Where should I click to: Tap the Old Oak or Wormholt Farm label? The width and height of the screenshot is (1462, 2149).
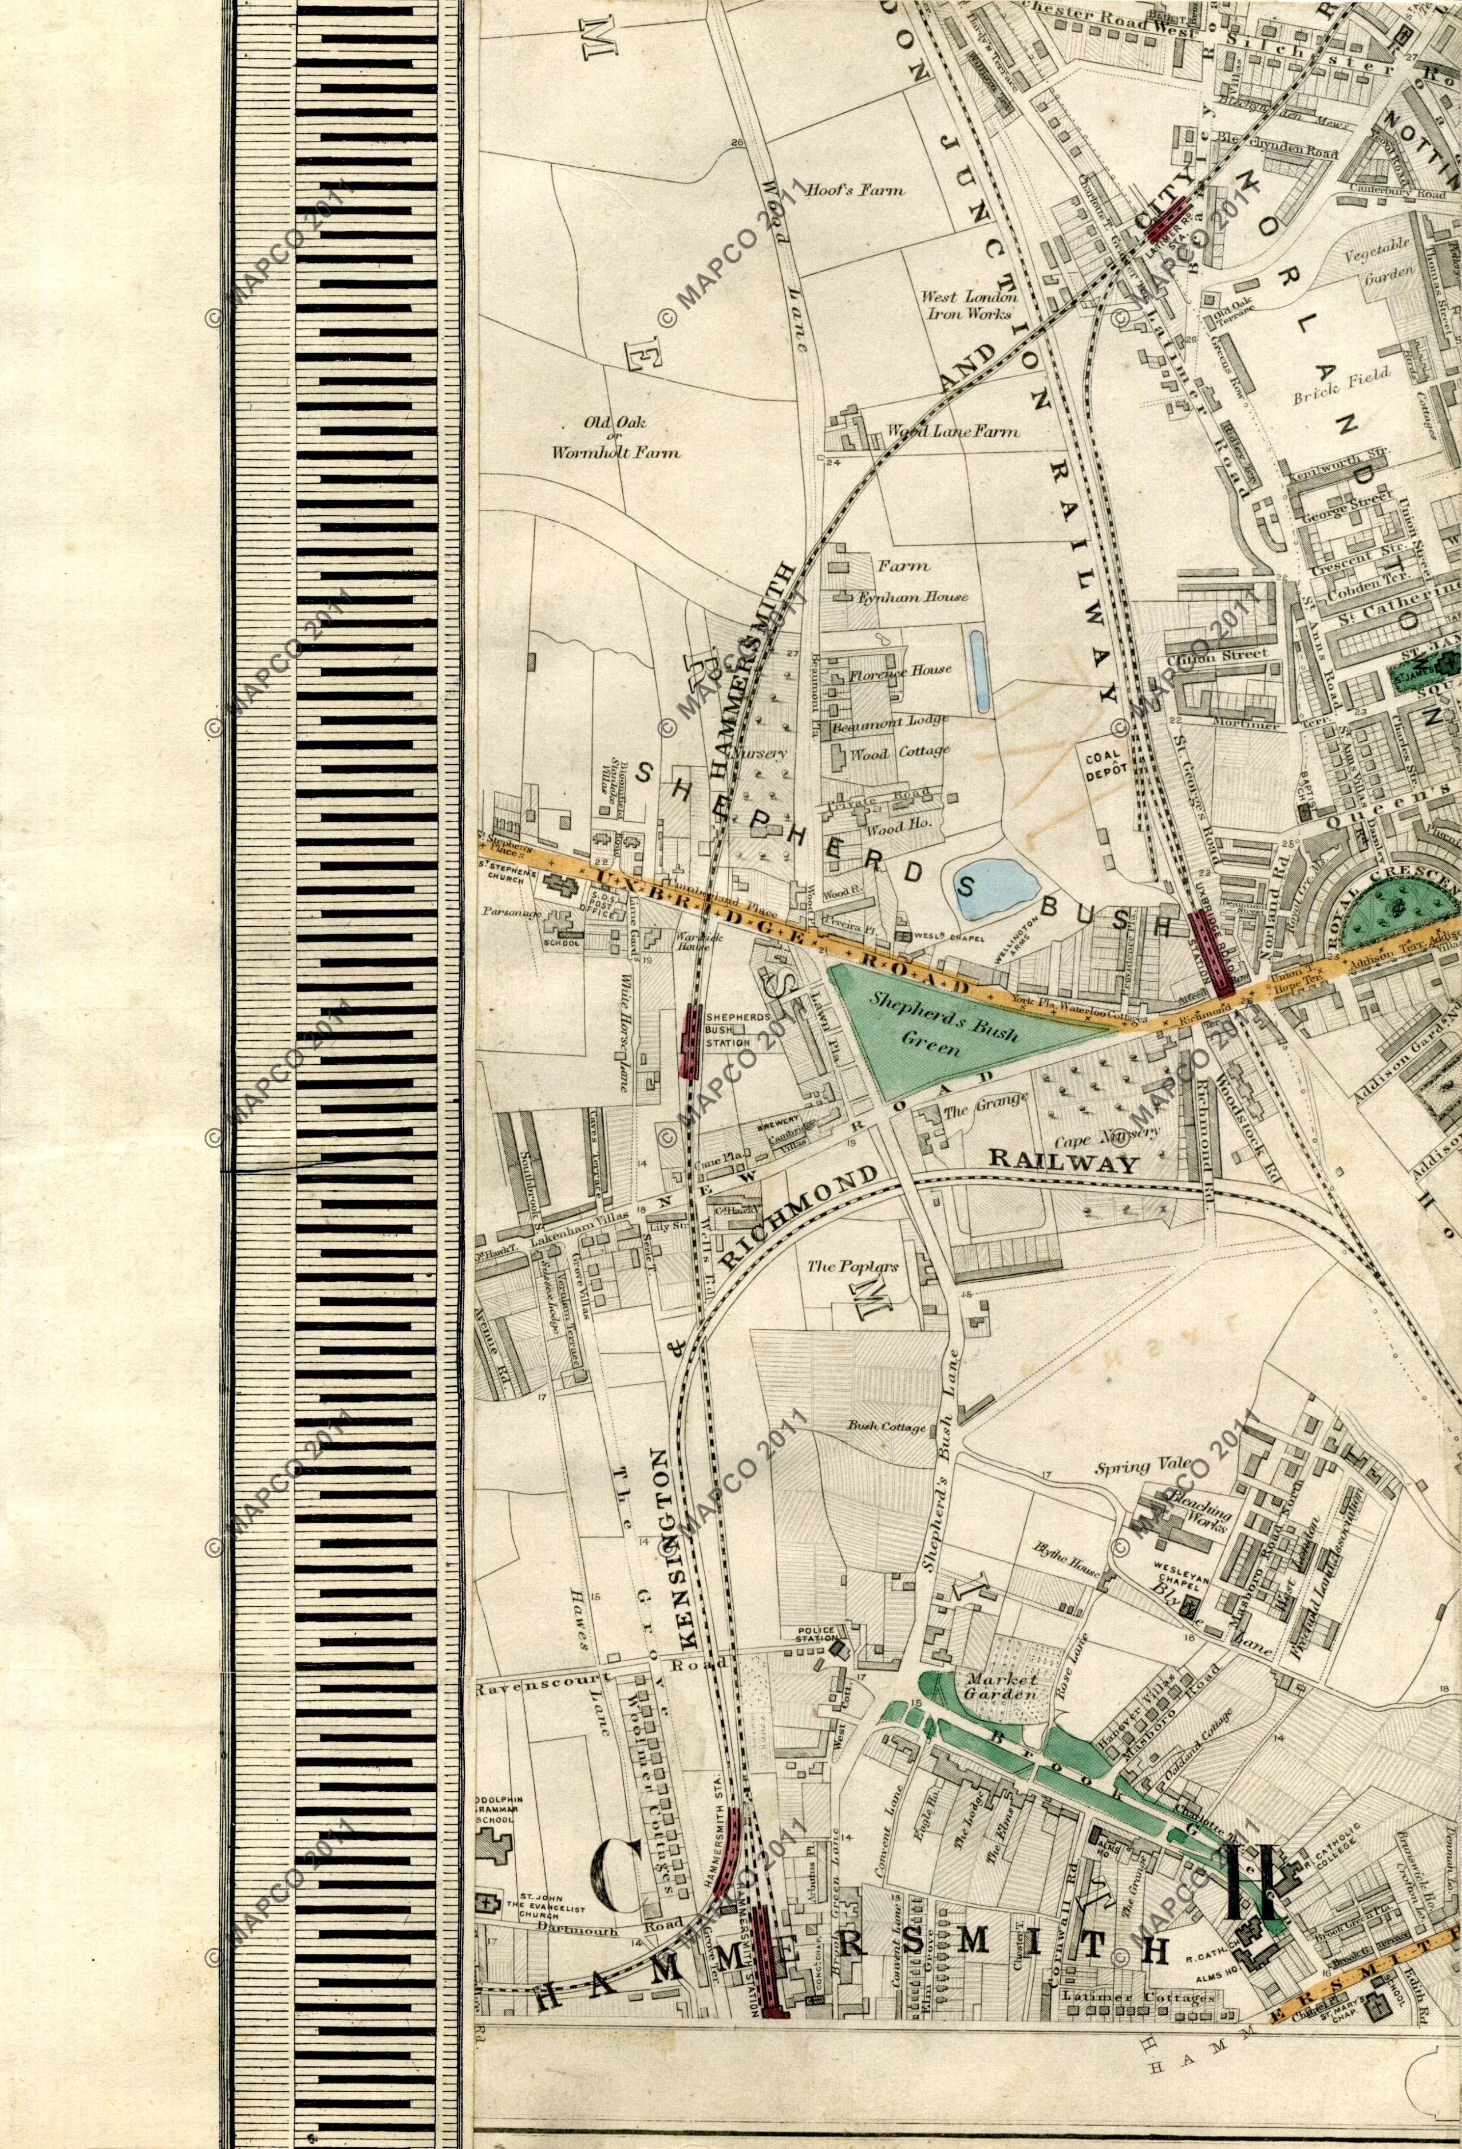pyautogui.click(x=615, y=437)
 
